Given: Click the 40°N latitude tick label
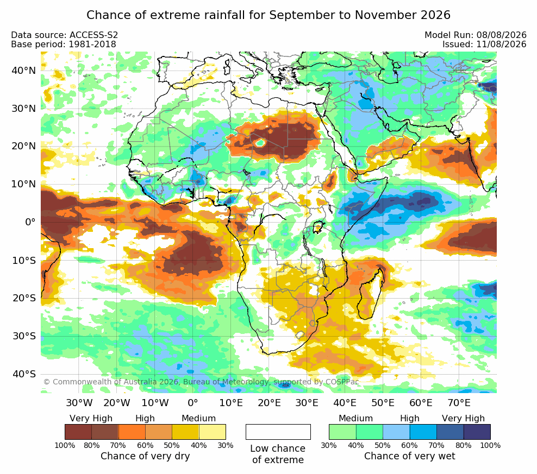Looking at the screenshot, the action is point(23,71).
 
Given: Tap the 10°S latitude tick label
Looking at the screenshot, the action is point(24,261).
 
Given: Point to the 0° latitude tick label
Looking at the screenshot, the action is point(30,223).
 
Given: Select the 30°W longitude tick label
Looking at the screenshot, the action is point(79,402).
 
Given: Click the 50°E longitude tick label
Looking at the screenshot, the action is point(383,402).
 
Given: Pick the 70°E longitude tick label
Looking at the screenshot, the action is point(459,402).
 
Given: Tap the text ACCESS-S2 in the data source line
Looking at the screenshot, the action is point(93,35).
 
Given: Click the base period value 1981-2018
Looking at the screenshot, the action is point(92,44).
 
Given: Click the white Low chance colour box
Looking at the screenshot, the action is point(278,432).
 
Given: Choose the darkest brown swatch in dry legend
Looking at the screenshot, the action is point(78,432).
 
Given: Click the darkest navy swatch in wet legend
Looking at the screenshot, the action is point(477,432).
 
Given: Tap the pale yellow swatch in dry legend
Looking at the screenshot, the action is point(213,432).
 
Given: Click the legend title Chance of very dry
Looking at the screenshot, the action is point(145,456).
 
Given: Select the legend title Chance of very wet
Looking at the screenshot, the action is point(410,456).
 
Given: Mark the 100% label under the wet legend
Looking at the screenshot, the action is point(490,446).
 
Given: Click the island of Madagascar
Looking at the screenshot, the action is point(371,295).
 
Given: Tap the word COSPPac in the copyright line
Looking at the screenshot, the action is point(342,382).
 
